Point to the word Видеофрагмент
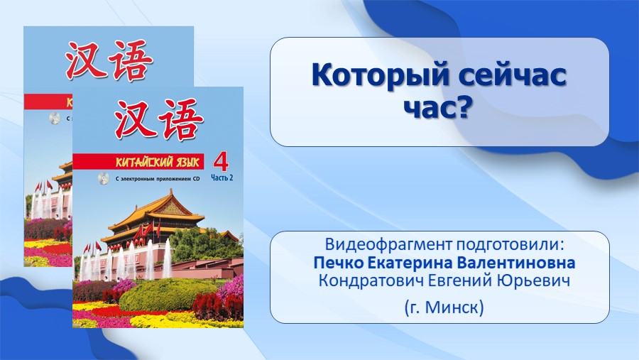click(388, 245)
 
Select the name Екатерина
click(410, 263)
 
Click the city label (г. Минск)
click(444, 307)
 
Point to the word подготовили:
click(509, 245)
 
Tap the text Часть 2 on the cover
click(222, 178)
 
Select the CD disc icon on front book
click(103, 178)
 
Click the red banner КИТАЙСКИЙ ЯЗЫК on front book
click(138, 162)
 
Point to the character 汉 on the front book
click(133, 118)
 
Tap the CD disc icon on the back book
click(55, 119)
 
